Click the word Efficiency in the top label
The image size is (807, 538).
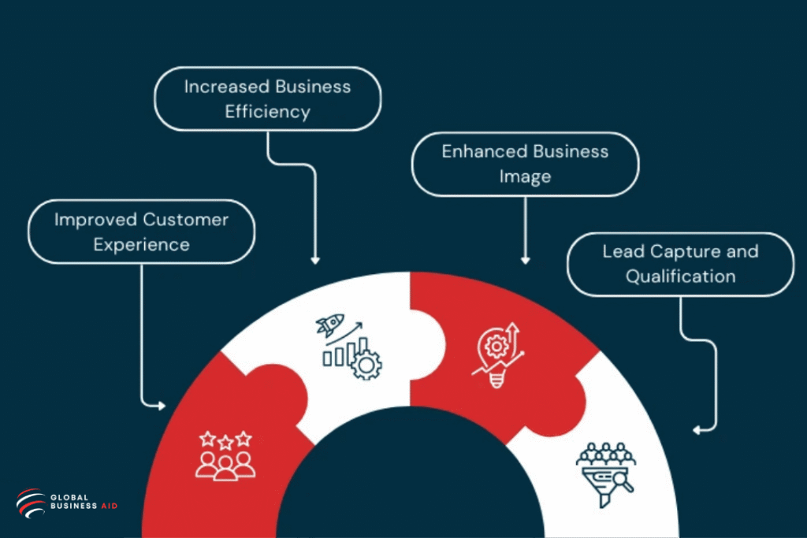(x=267, y=112)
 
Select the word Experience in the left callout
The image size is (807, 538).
(x=142, y=245)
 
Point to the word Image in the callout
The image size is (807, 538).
(x=525, y=176)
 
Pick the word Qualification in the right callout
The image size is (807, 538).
(x=681, y=276)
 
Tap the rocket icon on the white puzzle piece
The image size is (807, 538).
(x=329, y=325)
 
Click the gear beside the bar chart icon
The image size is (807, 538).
(x=366, y=364)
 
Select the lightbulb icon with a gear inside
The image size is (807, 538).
(x=496, y=352)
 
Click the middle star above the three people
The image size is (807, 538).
(x=225, y=442)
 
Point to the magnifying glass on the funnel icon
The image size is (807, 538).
(x=623, y=480)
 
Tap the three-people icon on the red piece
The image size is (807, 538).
(x=225, y=466)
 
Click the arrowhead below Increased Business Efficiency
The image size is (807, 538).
(x=315, y=260)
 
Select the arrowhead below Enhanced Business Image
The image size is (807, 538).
(x=526, y=260)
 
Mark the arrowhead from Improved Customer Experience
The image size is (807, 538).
(x=162, y=406)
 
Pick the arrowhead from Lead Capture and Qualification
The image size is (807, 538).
(x=697, y=430)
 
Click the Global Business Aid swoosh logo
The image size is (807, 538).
(x=31, y=503)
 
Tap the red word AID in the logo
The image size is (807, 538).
(x=110, y=506)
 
